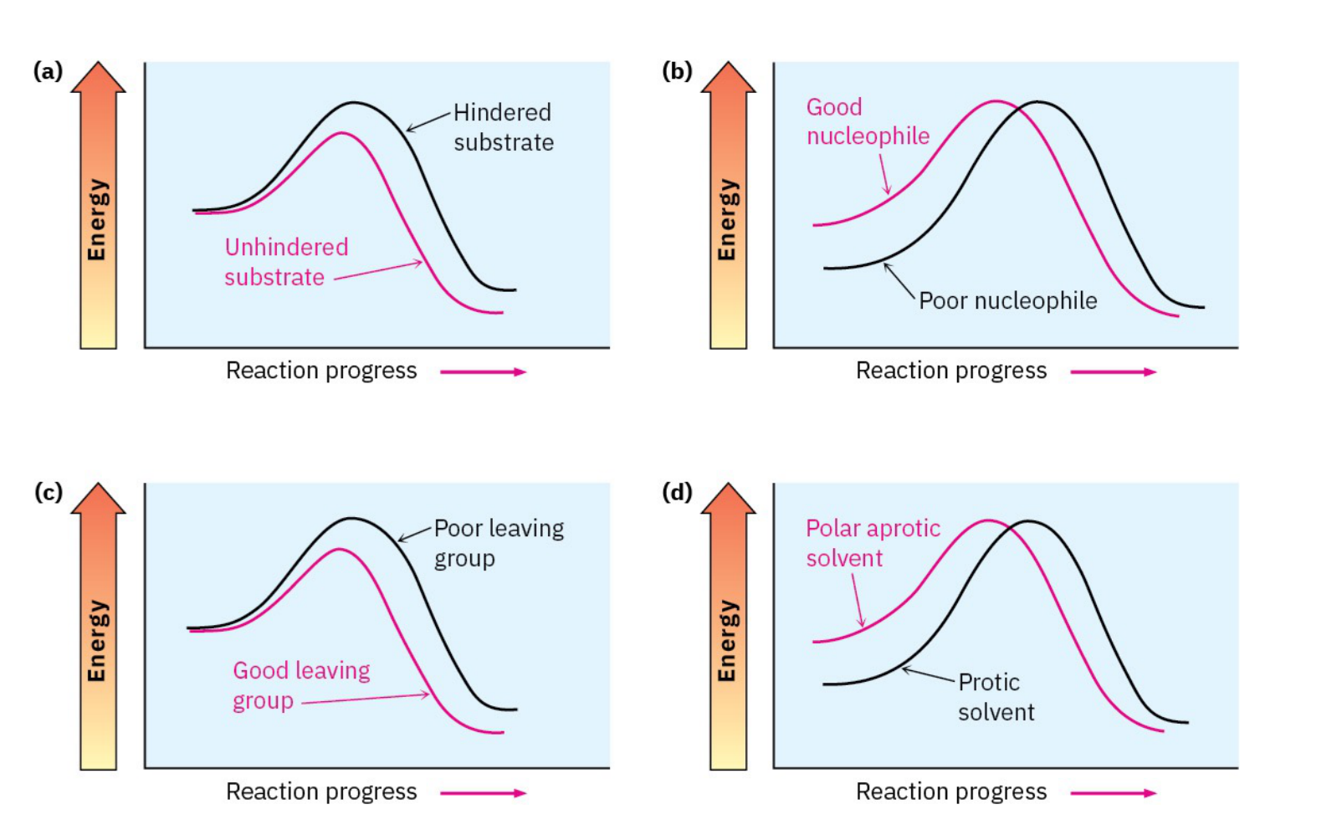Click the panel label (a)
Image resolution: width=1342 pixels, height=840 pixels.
click(x=48, y=71)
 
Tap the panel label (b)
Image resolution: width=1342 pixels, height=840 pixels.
click(x=677, y=71)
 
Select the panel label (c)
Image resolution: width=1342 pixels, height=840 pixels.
click(x=48, y=492)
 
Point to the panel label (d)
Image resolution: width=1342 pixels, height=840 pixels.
click(x=677, y=492)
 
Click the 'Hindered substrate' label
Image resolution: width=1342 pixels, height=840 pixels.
click(x=503, y=127)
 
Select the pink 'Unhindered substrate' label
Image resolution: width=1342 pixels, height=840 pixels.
click(x=285, y=262)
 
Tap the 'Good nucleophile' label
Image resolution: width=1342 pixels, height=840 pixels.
click(x=867, y=121)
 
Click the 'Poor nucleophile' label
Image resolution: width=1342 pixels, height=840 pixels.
click(x=1007, y=301)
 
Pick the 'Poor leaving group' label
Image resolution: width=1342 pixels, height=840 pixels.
click(x=498, y=543)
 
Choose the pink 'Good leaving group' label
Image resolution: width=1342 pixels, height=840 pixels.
click(x=300, y=685)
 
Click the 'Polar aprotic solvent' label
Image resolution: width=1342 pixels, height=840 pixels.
click(x=872, y=543)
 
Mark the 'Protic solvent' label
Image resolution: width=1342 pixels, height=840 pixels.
click(x=995, y=697)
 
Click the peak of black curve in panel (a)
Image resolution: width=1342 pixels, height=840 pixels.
click(x=354, y=103)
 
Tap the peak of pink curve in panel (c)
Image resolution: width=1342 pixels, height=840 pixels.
click(x=339, y=550)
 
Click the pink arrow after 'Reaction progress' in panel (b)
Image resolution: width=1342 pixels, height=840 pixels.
click(x=1113, y=371)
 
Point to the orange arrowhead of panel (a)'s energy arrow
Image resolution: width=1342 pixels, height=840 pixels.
click(x=98, y=77)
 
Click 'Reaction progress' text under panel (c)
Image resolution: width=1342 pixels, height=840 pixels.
click(x=321, y=791)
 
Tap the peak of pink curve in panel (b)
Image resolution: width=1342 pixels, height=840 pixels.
click(x=995, y=102)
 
